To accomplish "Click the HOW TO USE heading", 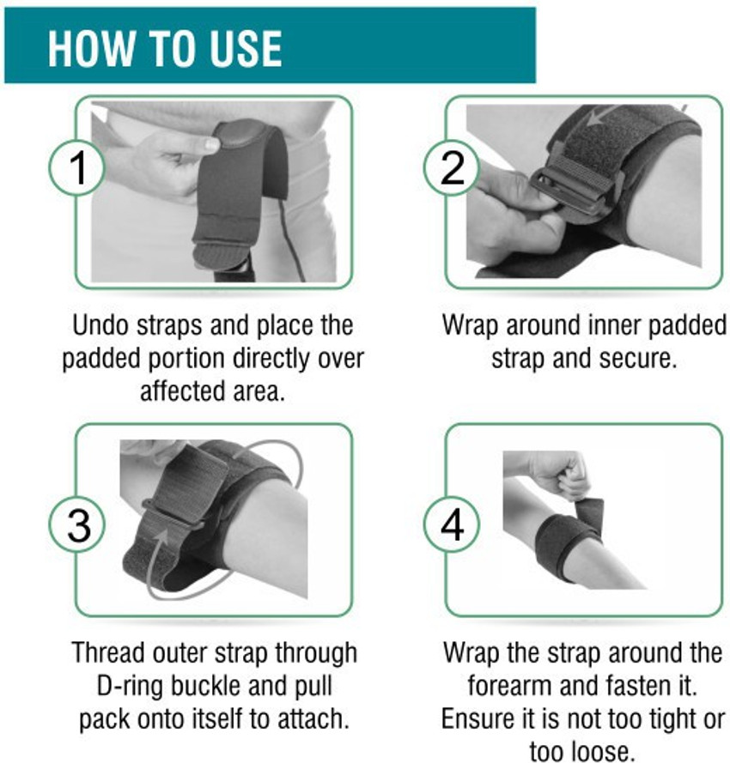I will [x=165, y=48].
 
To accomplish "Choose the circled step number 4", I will [x=452, y=524].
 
